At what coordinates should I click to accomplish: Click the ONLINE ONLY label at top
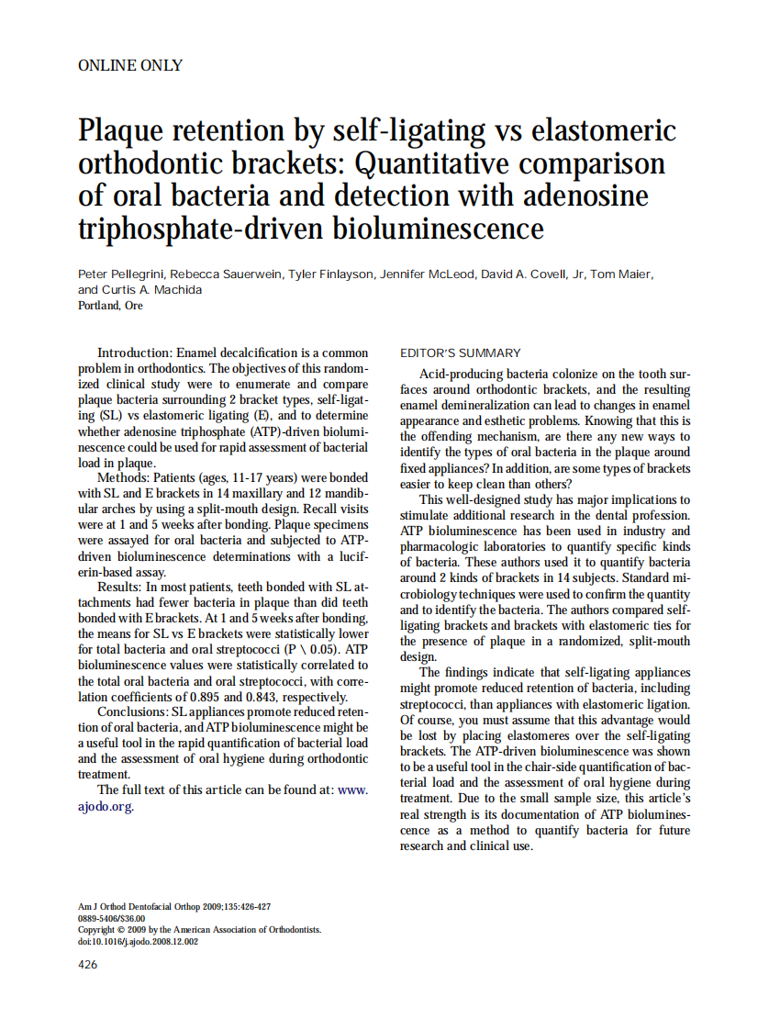(130, 65)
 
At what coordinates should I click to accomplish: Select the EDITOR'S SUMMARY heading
(461, 353)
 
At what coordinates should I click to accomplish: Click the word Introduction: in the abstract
(135, 353)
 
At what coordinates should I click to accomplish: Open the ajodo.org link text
(106, 807)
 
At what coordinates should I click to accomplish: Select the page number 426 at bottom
(88, 964)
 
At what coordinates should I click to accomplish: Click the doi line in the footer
(138, 941)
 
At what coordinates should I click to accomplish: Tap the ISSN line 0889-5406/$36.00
(112, 917)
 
